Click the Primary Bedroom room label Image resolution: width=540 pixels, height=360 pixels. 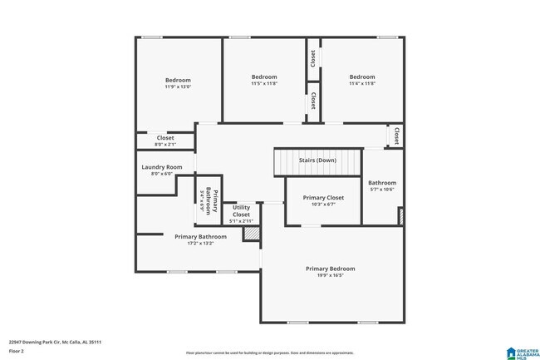click(330, 269)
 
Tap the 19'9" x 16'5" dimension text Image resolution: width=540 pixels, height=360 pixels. click(330, 275)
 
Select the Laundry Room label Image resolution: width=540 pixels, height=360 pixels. click(161, 167)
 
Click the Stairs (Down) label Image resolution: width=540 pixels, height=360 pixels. click(317, 160)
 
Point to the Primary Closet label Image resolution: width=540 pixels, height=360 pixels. click(323, 198)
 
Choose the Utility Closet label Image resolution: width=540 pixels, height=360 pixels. click(241, 211)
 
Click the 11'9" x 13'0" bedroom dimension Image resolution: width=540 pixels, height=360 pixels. click(178, 86)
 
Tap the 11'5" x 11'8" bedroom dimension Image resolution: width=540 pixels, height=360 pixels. click(264, 83)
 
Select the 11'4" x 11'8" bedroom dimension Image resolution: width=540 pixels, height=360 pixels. click(361, 83)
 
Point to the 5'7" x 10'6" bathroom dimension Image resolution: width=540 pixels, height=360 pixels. click(382, 190)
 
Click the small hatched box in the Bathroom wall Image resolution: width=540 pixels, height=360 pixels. click(401, 217)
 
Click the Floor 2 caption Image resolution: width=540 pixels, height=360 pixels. click(17, 351)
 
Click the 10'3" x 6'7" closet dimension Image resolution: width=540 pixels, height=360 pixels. click(323, 205)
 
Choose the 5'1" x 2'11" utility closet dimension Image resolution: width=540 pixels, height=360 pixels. click(241, 221)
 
